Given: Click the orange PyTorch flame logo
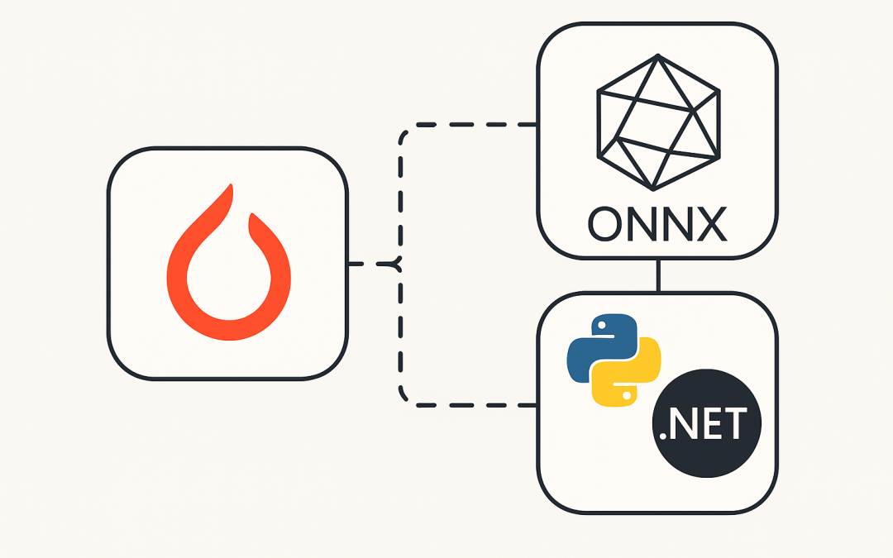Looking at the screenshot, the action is [x=229, y=263].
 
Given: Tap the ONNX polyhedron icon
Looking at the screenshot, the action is [x=658, y=122].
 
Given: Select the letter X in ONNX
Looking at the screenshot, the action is [x=711, y=224].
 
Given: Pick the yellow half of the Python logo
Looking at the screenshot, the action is [x=627, y=372].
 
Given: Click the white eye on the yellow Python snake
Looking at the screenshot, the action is [x=627, y=394].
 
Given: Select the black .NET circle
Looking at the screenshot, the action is [x=707, y=423].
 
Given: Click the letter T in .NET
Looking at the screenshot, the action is [x=733, y=423].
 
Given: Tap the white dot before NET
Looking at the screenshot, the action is [x=662, y=436].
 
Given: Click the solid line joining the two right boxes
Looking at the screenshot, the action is [x=658, y=275].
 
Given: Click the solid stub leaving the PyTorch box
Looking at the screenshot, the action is [x=356, y=264].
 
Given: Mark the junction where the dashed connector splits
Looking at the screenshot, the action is [x=400, y=264].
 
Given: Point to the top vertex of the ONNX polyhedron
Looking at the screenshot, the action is [x=658, y=56].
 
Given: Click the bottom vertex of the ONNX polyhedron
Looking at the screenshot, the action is [x=652, y=188].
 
